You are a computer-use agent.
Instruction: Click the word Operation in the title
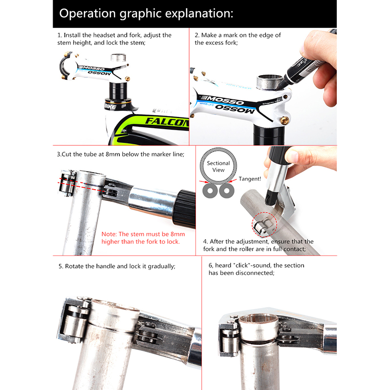[88, 14]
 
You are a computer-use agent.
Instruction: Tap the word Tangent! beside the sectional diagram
[250, 179]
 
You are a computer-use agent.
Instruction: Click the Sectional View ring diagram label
[218, 166]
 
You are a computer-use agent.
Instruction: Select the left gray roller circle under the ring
[210, 191]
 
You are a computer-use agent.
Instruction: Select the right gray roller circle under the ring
[226, 191]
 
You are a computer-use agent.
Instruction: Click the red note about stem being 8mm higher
[143, 238]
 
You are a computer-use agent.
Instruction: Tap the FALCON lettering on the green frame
[167, 121]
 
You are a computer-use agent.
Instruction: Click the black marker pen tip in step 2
[279, 88]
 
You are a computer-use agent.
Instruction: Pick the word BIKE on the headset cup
[111, 107]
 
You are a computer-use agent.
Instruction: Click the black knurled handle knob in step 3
[184, 209]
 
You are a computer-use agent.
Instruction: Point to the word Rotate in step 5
[75, 266]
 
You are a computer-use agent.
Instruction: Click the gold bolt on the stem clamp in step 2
[284, 120]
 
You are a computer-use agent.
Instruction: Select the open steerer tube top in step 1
[118, 58]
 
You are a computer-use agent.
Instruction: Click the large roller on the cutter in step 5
[74, 323]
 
